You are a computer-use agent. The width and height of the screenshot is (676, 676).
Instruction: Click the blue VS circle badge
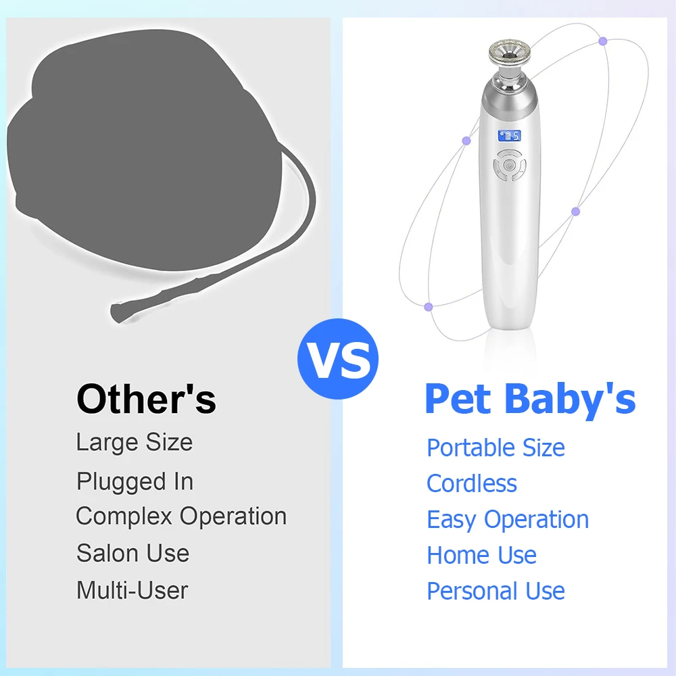337,359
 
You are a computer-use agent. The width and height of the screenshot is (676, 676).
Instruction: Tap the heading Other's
146,400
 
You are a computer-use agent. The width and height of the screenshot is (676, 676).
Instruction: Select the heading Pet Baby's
530,400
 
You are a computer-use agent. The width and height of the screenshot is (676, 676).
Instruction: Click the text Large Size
135,442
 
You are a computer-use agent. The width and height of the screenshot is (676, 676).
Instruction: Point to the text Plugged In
135,481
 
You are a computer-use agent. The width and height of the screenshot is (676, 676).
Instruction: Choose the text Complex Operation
181,516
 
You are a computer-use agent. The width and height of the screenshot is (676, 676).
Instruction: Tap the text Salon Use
132,553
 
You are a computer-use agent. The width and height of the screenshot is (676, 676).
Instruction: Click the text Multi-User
132,589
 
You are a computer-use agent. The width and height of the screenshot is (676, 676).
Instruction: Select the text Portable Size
496,448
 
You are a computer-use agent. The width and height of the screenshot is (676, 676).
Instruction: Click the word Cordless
472,483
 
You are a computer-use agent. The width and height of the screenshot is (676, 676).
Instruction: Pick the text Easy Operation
508,519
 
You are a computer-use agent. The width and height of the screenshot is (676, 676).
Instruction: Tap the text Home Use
481,555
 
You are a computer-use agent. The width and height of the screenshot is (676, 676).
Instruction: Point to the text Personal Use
496,591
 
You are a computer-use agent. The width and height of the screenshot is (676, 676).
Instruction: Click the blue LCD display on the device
510,136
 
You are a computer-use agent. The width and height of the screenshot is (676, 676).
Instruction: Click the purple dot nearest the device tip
603,41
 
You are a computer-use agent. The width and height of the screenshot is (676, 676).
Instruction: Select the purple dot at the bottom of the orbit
428,307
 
